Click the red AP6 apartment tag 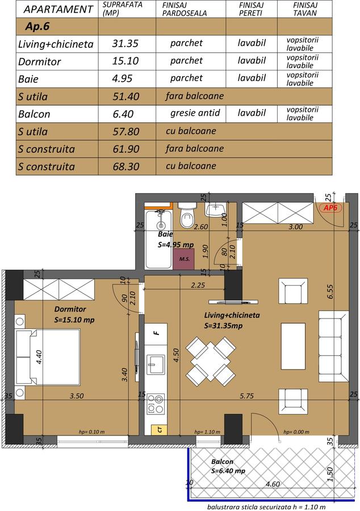coord(330,208)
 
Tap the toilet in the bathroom coord(187,215)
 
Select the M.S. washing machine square coord(183,259)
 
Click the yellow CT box coord(160,430)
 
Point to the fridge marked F coord(156,334)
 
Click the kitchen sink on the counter coord(156,365)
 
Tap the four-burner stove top coord(156,404)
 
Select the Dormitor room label coord(70,309)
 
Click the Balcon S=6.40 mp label coord(228,466)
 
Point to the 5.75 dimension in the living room coord(246,396)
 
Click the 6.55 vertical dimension coord(330,292)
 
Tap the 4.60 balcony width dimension coord(273,484)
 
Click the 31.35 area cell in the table coord(125,43)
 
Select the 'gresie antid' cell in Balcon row coord(195,113)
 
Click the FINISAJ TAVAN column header coord(305,9)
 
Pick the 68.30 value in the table coord(126,166)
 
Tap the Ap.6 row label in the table coord(37,26)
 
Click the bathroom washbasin coord(216,209)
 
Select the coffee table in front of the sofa coord(293,346)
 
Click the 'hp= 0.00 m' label coord(296,432)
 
